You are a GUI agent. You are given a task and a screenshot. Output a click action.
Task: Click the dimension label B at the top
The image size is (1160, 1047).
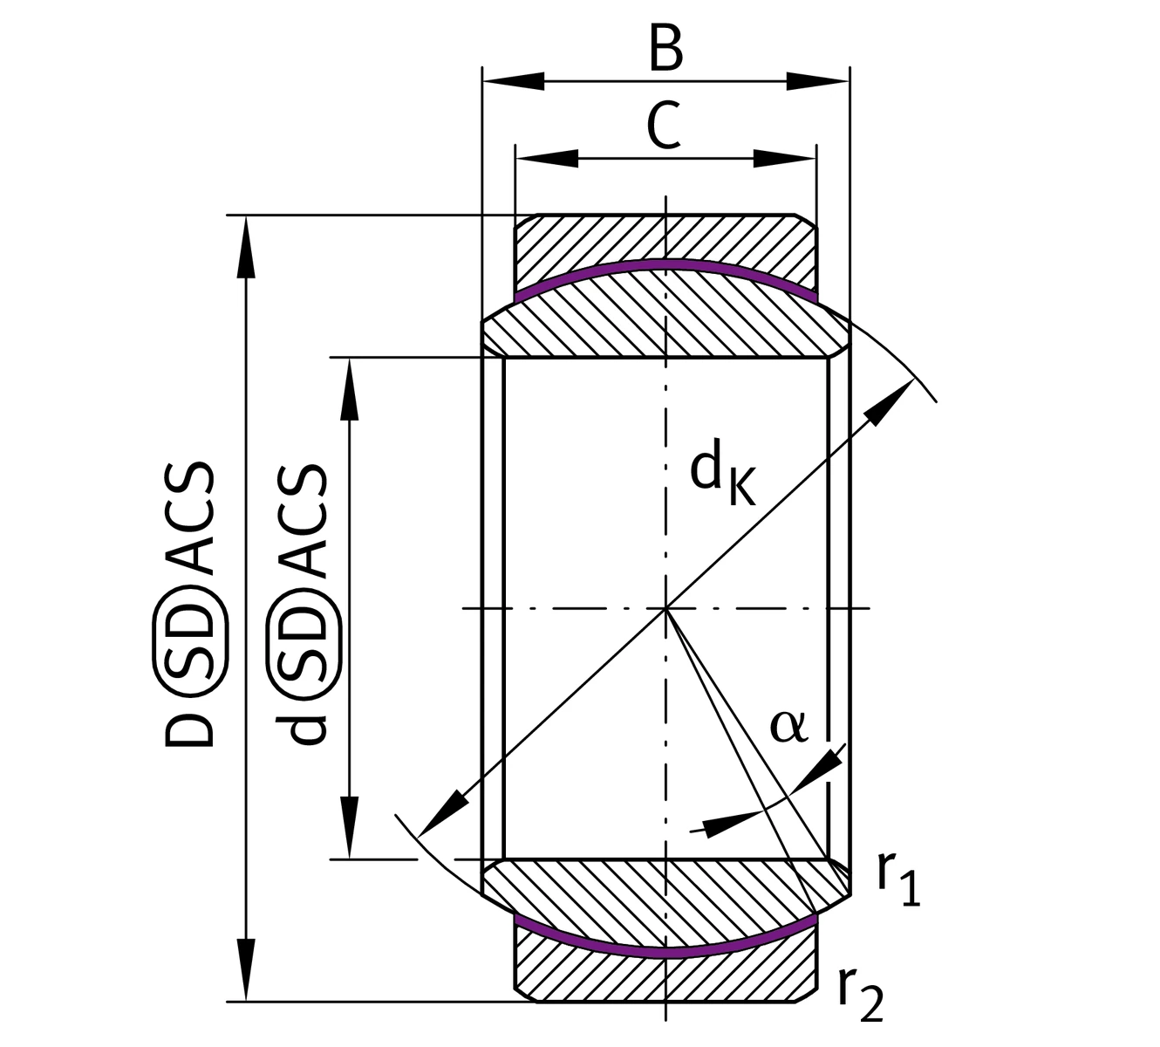665,50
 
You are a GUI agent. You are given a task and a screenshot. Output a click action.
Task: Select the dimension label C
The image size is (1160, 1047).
665,126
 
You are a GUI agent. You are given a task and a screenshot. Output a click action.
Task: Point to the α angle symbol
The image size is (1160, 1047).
789,726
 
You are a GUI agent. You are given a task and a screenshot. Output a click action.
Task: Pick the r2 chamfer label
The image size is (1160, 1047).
861,996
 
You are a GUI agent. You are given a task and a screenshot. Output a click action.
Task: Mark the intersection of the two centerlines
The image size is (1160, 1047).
665,607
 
